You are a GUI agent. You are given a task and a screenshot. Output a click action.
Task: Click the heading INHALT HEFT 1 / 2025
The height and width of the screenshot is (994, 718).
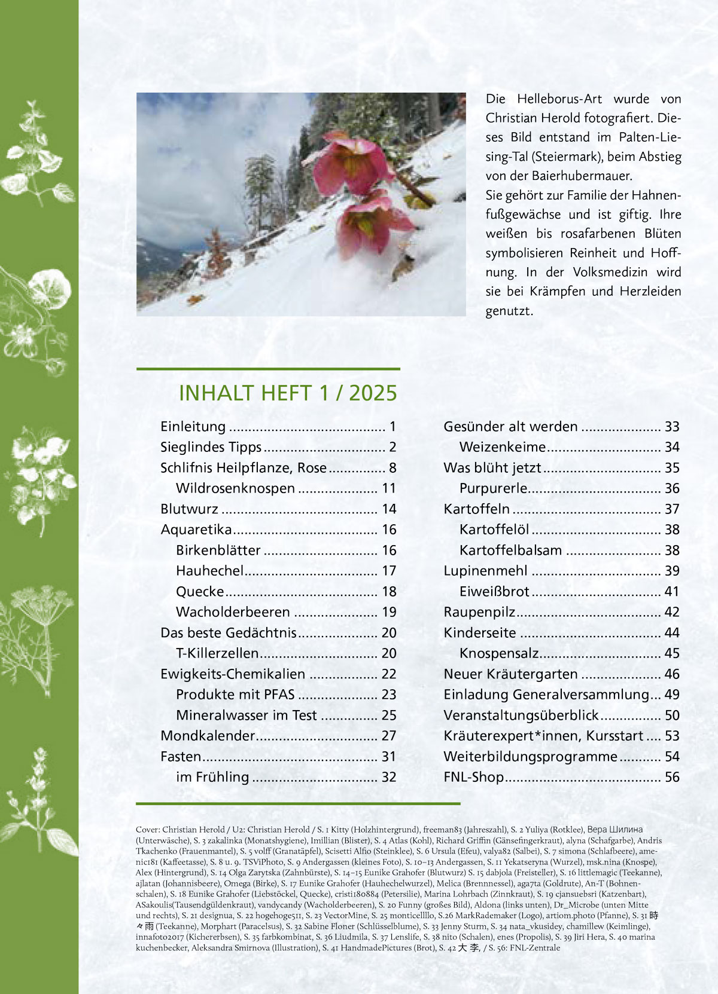[x=288, y=393]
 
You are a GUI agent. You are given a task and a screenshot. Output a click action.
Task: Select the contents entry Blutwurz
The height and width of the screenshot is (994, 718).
[x=189, y=509]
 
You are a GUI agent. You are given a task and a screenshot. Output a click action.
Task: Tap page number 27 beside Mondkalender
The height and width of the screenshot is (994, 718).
[x=389, y=736]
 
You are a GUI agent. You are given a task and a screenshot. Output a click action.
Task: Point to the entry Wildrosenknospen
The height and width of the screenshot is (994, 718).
[x=235, y=488]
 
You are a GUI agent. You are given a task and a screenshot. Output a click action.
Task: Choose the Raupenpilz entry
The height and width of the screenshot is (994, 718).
[x=479, y=612]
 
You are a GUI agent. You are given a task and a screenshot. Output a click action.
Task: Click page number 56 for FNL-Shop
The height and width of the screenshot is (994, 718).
[x=672, y=777]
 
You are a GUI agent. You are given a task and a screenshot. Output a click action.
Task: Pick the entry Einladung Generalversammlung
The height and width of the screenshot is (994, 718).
[x=546, y=695]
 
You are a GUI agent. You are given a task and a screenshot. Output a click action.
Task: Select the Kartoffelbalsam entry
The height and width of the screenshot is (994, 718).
[x=510, y=550]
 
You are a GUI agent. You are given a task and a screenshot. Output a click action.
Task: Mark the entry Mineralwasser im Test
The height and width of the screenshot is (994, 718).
[x=246, y=715]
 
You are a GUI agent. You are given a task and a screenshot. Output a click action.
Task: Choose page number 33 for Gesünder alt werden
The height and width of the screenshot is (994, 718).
[x=672, y=427]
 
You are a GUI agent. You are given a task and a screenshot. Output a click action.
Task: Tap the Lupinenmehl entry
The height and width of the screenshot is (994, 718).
[x=485, y=571]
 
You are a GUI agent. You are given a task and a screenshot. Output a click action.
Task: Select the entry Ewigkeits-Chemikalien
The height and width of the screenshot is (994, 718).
[x=233, y=674]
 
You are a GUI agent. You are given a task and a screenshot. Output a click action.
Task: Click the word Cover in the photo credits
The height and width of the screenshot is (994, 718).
[x=147, y=830]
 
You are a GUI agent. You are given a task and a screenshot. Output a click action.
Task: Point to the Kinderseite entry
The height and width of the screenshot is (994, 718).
[x=479, y=633]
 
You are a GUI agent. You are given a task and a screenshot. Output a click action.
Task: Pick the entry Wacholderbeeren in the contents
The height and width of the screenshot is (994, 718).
[x=233, y=612]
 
